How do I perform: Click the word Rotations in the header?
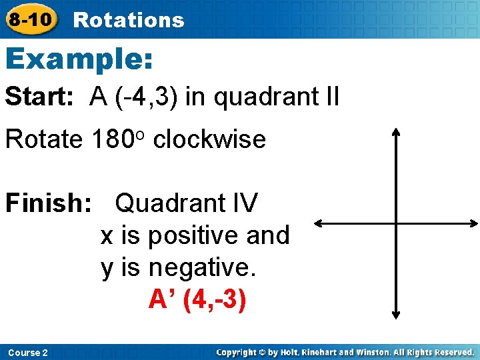(128, 20)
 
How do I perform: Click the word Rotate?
(43, 139)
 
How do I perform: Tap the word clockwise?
(209, 139)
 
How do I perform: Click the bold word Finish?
(48, 203)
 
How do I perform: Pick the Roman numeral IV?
(243, 203)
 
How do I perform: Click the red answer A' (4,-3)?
(197, 299)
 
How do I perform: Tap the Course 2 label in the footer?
(27, 352)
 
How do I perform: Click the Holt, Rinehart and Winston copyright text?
(345, 352)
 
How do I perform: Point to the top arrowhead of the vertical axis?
(396, 132)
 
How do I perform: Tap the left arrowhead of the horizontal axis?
(318, 223)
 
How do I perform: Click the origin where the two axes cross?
(396, 223)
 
